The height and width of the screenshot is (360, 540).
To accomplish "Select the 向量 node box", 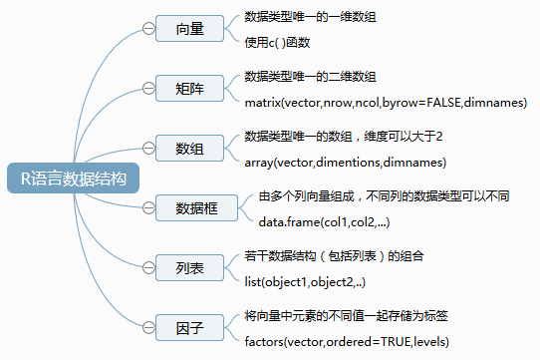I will tap(189, 29).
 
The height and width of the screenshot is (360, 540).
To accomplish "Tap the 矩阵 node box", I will tap(189, 89).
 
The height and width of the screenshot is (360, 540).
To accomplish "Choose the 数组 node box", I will tap(189, 149).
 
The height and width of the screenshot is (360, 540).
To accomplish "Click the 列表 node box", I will tap(189, 267).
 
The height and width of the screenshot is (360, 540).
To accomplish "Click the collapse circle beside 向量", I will tap(148, 29).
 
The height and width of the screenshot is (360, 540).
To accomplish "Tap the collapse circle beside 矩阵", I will tap(148, 89).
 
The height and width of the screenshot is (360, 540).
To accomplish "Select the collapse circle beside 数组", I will tap(148, 149).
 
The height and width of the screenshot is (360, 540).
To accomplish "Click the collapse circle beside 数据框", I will tap(148, 207).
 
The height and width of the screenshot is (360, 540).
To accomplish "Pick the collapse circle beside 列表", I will tap(148, 267).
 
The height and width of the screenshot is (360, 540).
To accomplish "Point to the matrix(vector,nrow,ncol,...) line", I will tap(385, 103).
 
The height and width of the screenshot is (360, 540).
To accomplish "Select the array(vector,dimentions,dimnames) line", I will tap(345, 162).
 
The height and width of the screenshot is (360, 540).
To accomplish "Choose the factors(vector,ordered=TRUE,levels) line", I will tap(347, 342).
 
